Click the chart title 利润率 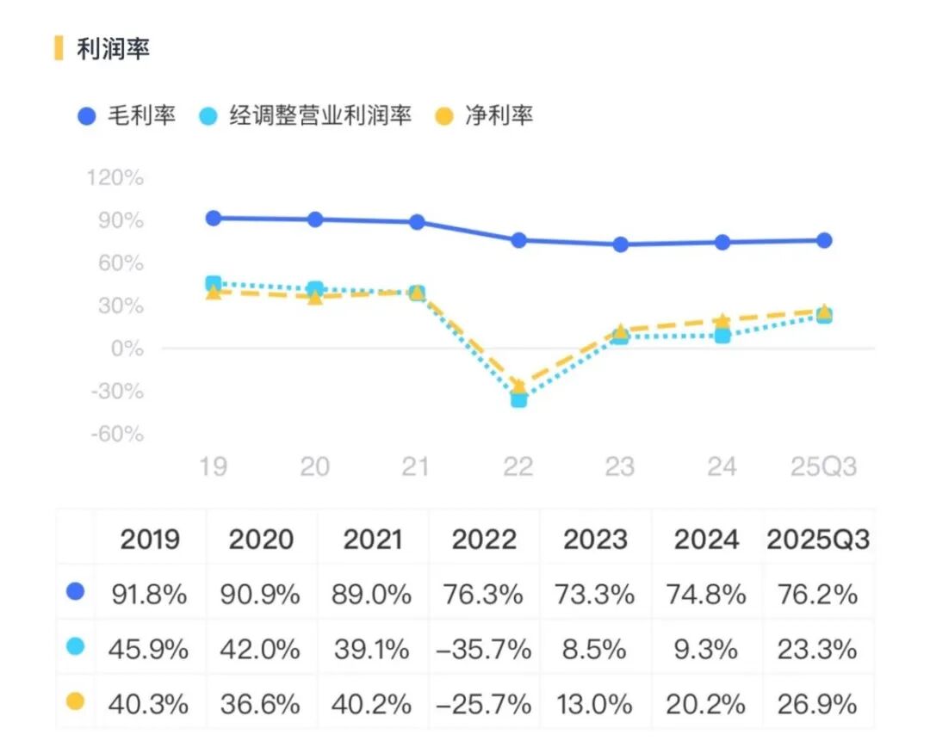[x=113, y=49]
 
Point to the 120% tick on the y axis [x=115, y=178]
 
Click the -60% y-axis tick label [x=115, y=434]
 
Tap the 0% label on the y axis [x=126, y=349]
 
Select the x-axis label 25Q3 [x=824, y=466]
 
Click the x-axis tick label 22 [x=518, y=466]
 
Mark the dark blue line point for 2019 [x=214, y=218]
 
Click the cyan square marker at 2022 [x=518, y=399]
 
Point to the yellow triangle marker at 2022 [x=518, y=386]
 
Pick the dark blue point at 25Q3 [x=824, y=240]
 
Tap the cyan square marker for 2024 [x=722, y=336]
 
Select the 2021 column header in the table [x=372, y=540]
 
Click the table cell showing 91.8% [x=149, y=594]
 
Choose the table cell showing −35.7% [x=483, y=649]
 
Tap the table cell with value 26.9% [x=818, y=704]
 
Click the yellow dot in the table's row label [x=76, y=701]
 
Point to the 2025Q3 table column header [x=818, y=540]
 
